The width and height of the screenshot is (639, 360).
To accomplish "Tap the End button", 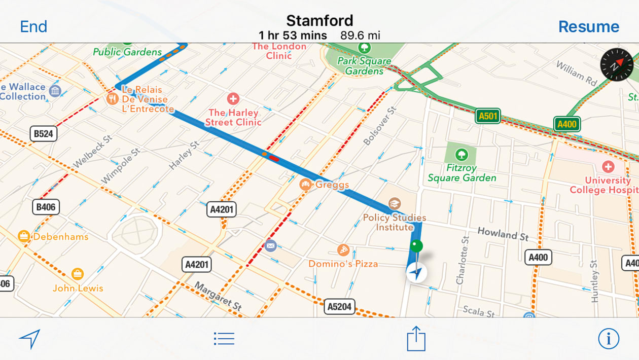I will tap(33, 26).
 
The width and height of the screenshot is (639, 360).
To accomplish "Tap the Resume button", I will tap(588, 26).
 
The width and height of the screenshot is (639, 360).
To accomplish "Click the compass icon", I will tap(617, 64).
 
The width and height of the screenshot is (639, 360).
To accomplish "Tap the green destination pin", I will tap(416, 247).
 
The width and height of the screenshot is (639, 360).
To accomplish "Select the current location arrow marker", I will tap(416, 273).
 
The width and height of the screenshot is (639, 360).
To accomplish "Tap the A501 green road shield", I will tap(488, 116).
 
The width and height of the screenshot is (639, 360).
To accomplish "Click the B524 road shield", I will tap(43, 134).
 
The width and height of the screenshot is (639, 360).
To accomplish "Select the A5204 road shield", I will tap(339, 307).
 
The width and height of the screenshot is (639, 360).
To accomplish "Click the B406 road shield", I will tap(46, 206).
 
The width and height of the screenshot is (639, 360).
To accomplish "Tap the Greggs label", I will tap(332, 185).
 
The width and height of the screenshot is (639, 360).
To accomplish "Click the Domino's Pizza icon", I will tap(343, 250).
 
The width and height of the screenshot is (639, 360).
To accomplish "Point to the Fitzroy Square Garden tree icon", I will tap(461, 154).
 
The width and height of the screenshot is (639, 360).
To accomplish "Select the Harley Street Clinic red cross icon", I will tap(233, 99).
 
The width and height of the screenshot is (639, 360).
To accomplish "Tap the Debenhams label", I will tap(60, 237).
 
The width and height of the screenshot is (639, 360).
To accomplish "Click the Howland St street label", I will tap(503, 234).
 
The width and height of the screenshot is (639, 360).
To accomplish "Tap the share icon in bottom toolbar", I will tap(416, 338).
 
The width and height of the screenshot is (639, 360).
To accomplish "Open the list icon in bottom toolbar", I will tap(224, 338).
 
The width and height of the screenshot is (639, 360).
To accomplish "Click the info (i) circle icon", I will tap(608, 338).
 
